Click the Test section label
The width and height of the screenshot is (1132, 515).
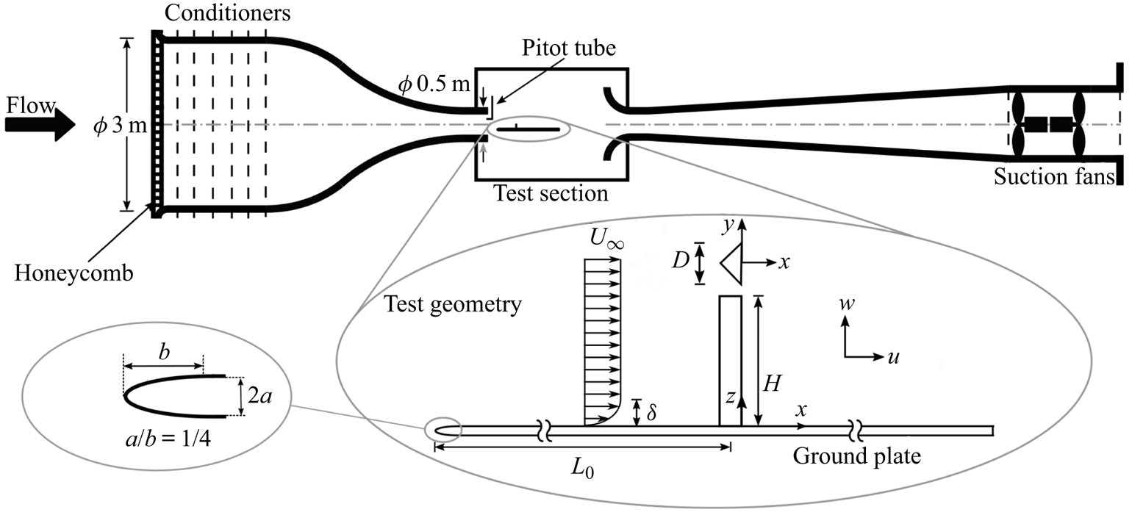551,194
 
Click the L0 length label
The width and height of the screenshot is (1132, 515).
581,468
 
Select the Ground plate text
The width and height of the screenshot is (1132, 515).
856,457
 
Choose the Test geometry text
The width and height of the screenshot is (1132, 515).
454,303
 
